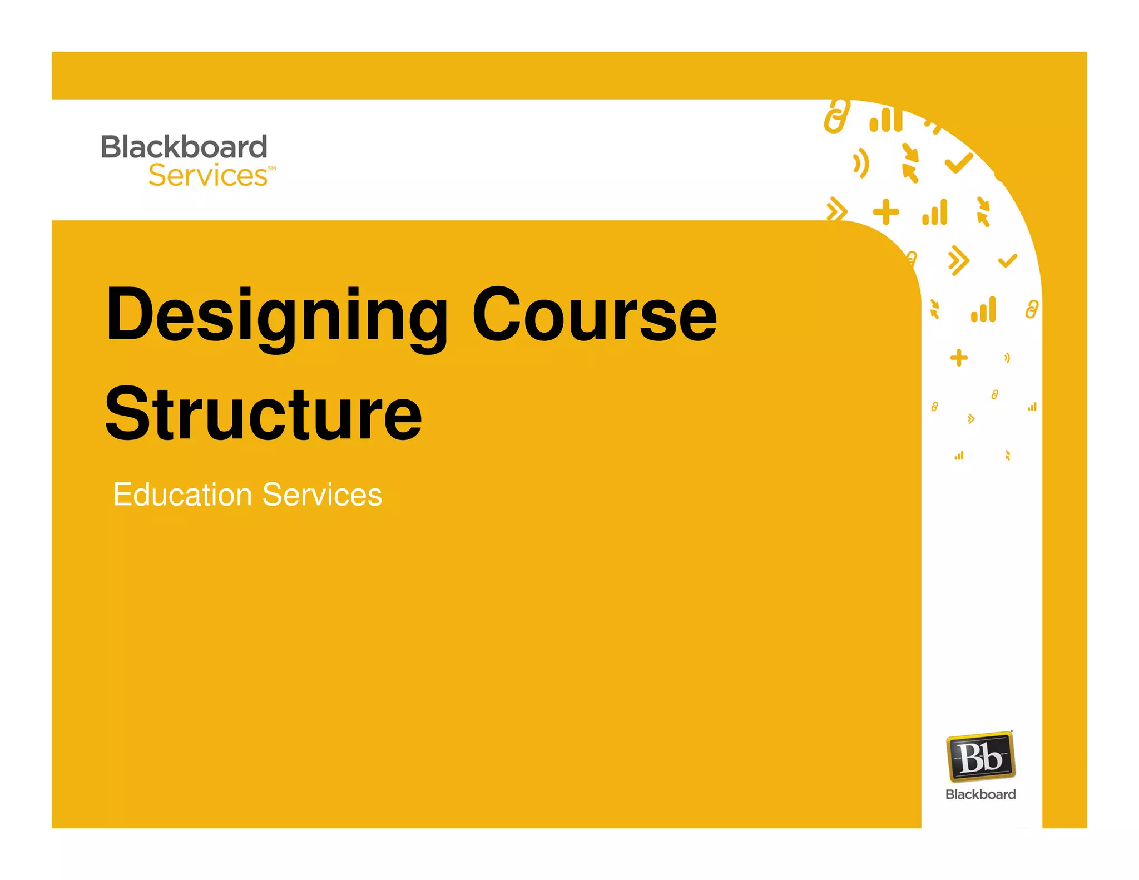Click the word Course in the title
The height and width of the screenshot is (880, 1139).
(595, 315)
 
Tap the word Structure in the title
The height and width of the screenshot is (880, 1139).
(264, 414)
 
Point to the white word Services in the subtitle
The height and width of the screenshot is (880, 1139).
(322, 495)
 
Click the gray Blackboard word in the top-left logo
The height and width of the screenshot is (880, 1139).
(184, 147)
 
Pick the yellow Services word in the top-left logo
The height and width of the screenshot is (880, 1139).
(208, 176)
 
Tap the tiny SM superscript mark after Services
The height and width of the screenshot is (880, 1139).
(271, 168)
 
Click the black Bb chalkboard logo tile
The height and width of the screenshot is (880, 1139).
(980, 757)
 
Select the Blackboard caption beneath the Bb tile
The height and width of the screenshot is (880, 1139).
(980, 794)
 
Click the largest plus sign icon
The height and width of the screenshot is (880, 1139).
(885, 212)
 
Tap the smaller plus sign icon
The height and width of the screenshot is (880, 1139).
(959, 358)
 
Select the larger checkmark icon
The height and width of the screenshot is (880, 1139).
(959, 162)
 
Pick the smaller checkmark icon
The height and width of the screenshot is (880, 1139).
(1007, 260)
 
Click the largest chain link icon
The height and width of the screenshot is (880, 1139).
(836, 116)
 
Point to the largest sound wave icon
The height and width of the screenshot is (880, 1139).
(861, 163)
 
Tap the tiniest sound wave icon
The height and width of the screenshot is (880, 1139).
(1007, 358)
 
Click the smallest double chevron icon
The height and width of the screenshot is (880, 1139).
(971, 418)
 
